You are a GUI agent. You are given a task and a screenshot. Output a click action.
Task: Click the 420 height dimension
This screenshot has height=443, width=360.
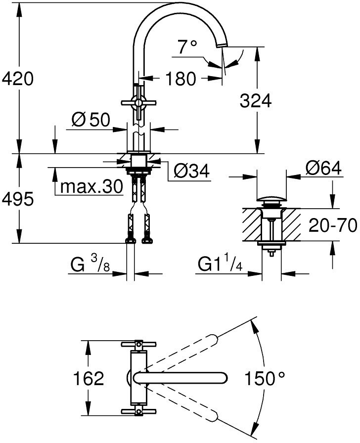click(17, 79)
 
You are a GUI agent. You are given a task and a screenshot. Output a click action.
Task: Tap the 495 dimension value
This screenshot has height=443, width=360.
click(17, 199)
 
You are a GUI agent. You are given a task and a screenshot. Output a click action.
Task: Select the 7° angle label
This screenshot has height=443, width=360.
click(187, 46)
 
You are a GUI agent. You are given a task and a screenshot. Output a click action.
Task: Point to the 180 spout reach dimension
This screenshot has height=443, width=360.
click(180, 79)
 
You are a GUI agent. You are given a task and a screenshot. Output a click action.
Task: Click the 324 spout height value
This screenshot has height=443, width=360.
click(256, 100)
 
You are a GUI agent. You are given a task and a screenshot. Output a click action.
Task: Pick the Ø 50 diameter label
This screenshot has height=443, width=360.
click(90, 120)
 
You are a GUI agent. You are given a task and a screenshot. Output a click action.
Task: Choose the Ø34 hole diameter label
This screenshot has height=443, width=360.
click(191, 171)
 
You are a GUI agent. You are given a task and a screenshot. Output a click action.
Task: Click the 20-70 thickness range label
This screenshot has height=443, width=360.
click(333, 225)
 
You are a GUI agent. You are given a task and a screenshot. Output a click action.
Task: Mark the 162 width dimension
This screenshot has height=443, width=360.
click(89, 378)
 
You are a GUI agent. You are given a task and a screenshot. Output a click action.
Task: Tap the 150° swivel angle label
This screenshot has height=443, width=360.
click(265, 378)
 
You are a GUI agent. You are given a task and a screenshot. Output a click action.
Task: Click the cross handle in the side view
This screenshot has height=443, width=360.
click(138, 102)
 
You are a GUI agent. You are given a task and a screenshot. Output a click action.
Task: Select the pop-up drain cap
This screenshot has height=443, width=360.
click(271, 200)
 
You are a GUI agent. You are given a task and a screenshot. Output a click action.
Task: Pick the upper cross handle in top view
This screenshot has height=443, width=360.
click(138, 344)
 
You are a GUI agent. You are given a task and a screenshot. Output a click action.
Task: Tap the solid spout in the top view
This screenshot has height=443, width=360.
click(180, 378)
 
